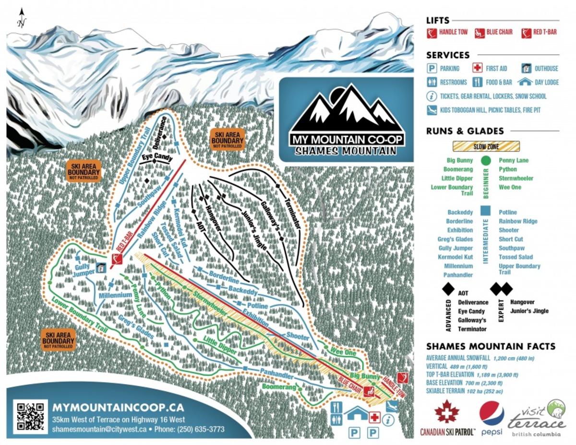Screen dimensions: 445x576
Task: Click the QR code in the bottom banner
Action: click(x=30, y=416)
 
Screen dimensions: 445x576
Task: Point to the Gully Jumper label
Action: click(x=84, y=270)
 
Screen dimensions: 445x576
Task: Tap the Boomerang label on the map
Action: click(x=278, y=386)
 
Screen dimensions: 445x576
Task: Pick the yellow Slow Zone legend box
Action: click(x=486, y=146)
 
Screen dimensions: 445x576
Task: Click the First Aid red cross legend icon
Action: click(x=477, y=68)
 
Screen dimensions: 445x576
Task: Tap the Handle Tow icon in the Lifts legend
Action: click(x=432, y=33)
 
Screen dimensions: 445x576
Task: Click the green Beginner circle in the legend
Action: click(x=486, y=161)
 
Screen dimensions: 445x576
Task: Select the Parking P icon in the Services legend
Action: click(x=432, y=68)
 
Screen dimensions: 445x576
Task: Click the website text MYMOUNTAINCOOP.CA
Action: click(x=118, y=408)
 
